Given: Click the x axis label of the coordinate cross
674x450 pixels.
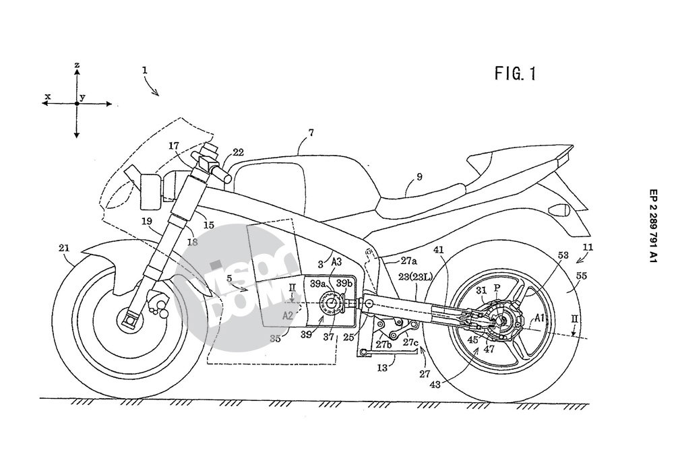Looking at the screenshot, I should [48, 97].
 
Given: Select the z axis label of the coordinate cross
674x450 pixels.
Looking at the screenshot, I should [77, 65].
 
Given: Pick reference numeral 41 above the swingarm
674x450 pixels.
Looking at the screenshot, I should [439, 249].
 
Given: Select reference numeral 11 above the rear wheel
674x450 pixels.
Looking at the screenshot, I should [588, 248].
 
